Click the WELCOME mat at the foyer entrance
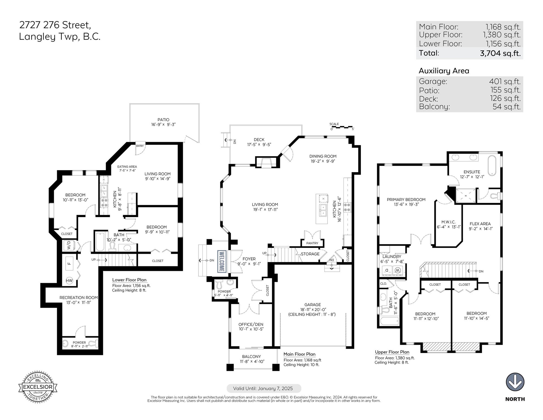(221, 262)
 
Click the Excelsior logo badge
(38, 387)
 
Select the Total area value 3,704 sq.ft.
(500, 53)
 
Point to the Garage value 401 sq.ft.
(505, 82)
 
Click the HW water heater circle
(69, 281)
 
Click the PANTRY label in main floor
(312, 243)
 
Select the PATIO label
(163, 120)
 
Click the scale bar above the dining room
(342, 127)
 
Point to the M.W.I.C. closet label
(448, 222)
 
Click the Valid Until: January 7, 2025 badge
(264, 388)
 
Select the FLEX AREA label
(480, 224)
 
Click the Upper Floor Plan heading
(392, 352)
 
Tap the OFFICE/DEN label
(251, 324)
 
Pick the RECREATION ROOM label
(79, 298)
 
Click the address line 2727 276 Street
(55, 25)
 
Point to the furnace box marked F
(70, 264)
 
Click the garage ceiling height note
(312, 314)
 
